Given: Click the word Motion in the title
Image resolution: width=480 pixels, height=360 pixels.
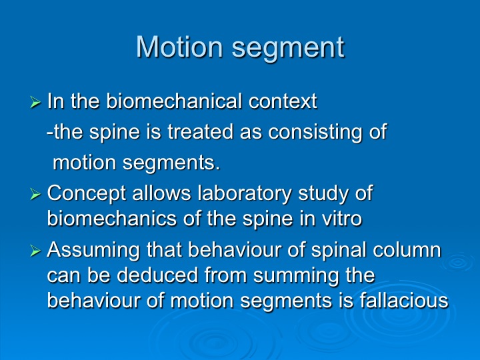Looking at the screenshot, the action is [x=179, y=47].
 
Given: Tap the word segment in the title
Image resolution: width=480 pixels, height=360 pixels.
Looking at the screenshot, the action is [x=288, y=49].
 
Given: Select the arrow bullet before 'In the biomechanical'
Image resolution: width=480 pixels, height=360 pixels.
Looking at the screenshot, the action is [x=35, y=102].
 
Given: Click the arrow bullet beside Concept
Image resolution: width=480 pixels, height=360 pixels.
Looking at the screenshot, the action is [x=35, y=194].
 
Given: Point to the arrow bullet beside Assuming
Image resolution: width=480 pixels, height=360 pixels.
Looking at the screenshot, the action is [x=35, y=251].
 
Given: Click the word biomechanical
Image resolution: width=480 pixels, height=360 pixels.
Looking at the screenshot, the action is [x=174, y=101].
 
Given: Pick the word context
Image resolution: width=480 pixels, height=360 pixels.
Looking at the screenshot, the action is [x=283, y=101].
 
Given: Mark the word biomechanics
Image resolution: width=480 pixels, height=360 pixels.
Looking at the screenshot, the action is [x=112, y=219].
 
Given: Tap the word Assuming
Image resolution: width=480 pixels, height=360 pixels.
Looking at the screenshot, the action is [x=93, y=251].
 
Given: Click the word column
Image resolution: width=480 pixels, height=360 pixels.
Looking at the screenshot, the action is [x=407, y=251].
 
